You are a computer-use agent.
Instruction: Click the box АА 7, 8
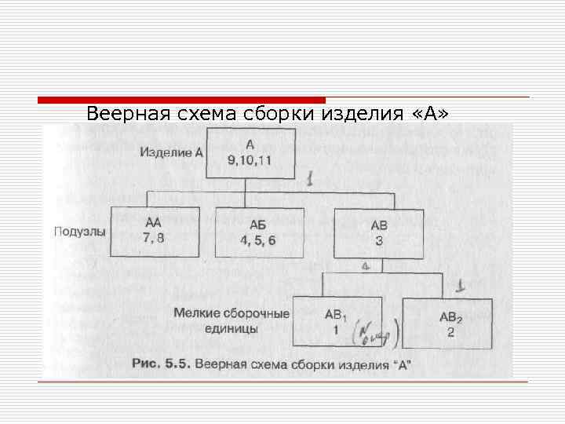coord(154,232)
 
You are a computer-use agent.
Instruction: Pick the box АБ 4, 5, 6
coord(258,232)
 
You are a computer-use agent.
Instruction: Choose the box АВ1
coord(337,322)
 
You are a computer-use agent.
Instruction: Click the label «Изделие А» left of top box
coord(170,152)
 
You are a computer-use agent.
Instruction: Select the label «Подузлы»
coord(80,232)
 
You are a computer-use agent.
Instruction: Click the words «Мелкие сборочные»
coord(231,314)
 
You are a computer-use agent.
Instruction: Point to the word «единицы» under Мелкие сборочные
coord(231,331)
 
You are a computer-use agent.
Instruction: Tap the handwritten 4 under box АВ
coord(365,266)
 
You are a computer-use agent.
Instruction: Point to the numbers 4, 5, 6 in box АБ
coord(258,241)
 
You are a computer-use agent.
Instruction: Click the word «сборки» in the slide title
coord(285,114)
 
